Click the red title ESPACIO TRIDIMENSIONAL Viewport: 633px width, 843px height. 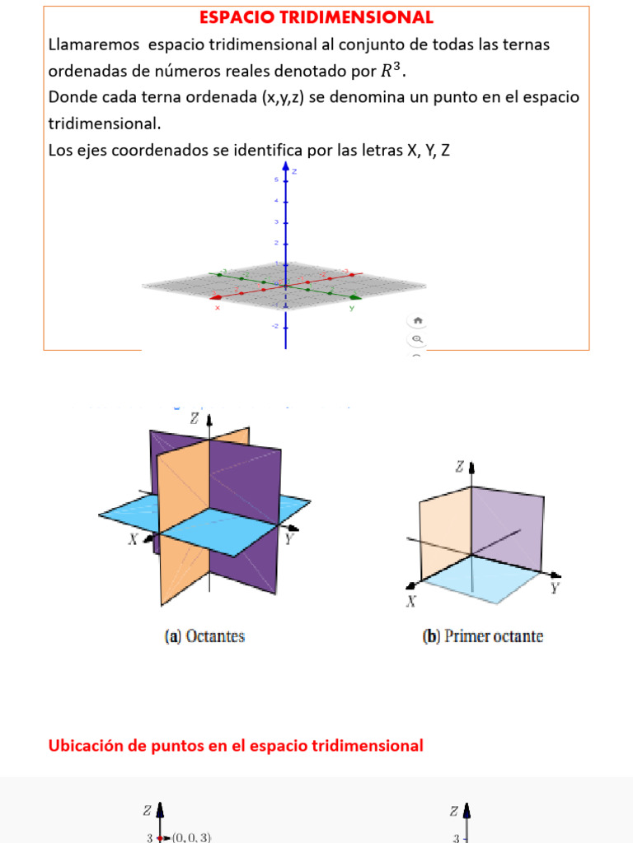pos(316,17)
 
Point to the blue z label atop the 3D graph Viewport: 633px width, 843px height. pos(294,171)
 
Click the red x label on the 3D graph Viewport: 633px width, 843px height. pos(218,308)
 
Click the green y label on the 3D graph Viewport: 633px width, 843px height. pos(351,308)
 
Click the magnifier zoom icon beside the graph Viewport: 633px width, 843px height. pos(417,338)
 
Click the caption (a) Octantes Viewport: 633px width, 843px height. pos(205,636)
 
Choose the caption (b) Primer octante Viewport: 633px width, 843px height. pos(483,636)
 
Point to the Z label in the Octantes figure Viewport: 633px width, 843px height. pos(195,418)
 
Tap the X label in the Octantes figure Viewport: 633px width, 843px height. pos(133,540)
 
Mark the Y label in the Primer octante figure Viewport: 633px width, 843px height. pos(555,588)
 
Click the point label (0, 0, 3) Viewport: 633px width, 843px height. pos(191,836)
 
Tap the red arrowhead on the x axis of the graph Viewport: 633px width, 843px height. pos(216,296)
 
